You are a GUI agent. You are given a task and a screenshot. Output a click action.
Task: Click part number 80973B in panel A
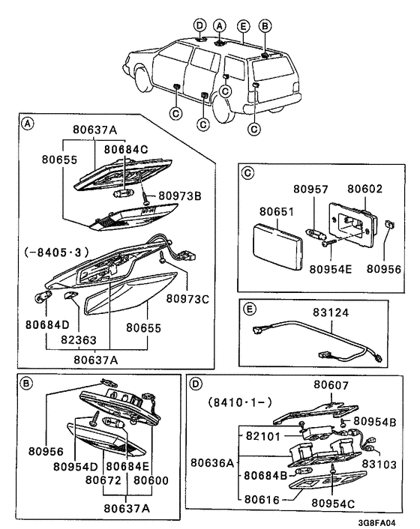tap(179, 196)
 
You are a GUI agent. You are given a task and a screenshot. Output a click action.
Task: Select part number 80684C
tap(126, 149)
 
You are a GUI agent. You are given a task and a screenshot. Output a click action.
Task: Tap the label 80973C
tap(187, 298)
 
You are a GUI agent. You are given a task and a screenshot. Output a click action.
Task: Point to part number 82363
tap(79, 339)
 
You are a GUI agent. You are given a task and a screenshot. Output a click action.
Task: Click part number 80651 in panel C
tap(277, 211)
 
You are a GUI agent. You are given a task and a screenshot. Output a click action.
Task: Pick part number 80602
tap(365, 189)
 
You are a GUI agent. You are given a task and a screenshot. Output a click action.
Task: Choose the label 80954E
tap(331, 269)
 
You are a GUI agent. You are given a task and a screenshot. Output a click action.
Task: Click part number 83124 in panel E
tap(331, 312)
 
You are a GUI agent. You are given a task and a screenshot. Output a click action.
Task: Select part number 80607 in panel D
tap(331, 384)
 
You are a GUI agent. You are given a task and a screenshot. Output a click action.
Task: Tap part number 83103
tap(379, 465)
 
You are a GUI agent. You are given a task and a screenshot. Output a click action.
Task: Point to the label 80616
tap(262, 499)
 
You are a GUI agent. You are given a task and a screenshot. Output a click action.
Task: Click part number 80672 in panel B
tap(103, 480)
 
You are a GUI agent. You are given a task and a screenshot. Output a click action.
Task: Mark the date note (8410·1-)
tap(240, 402)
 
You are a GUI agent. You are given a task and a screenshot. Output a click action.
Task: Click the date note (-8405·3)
tap(56, 253)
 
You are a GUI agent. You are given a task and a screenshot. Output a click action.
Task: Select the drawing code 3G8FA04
tap(376, 523)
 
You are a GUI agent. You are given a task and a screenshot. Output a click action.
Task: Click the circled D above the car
tap(199, 25)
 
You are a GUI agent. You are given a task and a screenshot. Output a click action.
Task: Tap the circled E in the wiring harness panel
tap(250, 309)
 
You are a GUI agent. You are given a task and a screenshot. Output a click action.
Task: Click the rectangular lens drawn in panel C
tap(277, 247)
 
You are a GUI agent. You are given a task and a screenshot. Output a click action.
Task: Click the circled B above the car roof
tap(265, 26)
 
